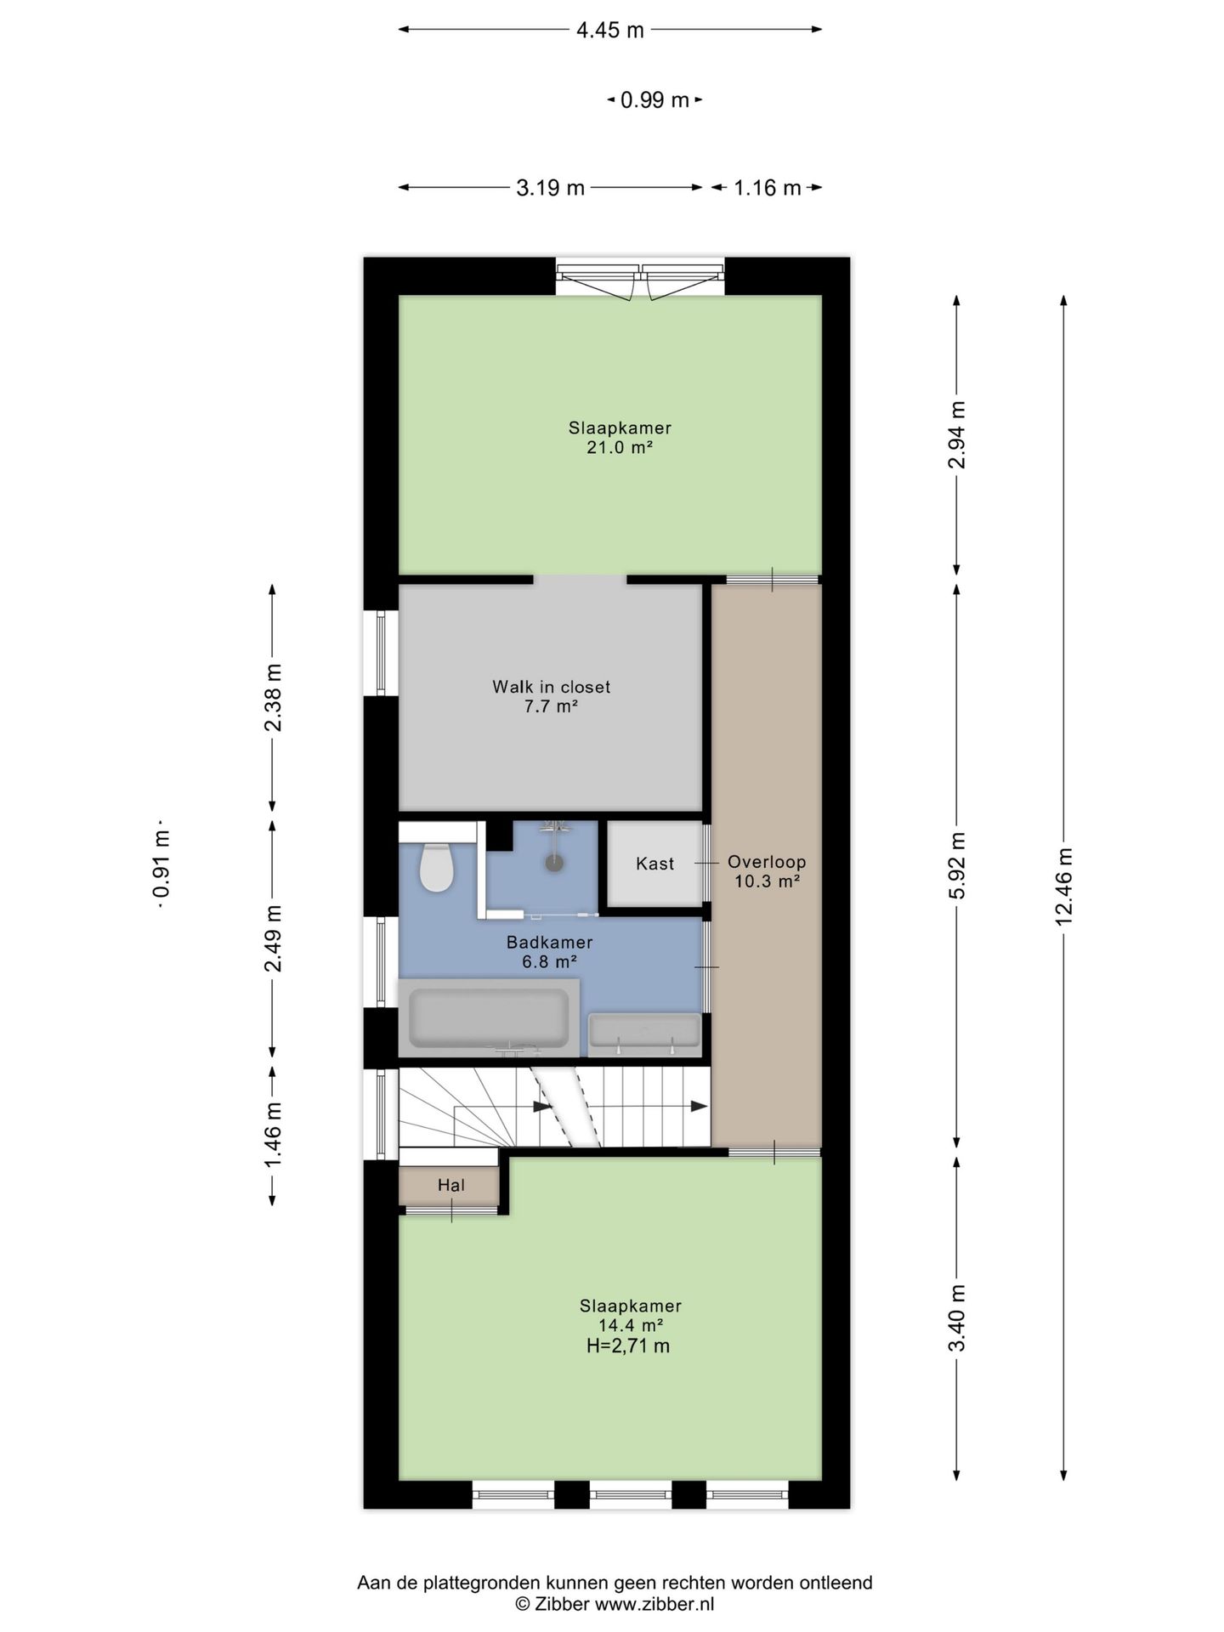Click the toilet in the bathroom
(x=437, y=867)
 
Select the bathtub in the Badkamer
(x=489, y=1018)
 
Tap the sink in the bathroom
(x=646, y=1033)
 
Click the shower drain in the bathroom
(x=555, y=862)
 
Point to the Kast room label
(x=654, y=864)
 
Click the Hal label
(x=450, y=1185)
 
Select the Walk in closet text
(x=551, y=687)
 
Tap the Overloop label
(x=767, y=862)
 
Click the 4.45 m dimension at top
(x=610, y=31)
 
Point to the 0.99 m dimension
(x=654, y=100)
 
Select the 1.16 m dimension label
(x=768, y=188)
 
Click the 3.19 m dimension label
(x=551, y=188)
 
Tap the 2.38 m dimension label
(x=273, y=697)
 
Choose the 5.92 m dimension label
(x=957, y=864)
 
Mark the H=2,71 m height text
(x=627, y=1346)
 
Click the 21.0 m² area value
(x=620, y=447)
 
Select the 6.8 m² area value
(x=550, y=962)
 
